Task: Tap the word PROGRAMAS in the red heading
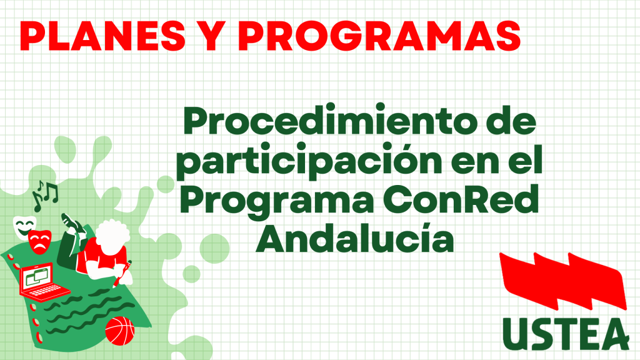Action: click(x=379, y=36)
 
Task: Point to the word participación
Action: click(x=309, y=161)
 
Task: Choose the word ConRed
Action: click(x=461, y=199)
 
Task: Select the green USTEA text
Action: click(x=566, y=334)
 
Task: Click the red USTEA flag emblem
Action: click(x=563, y=281)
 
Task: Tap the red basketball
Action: click(x=119, y=331)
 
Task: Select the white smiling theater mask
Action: click(x=24, y=227)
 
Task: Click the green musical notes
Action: click(x=45, y=195)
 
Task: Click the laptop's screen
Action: click(x=38, y=277)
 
